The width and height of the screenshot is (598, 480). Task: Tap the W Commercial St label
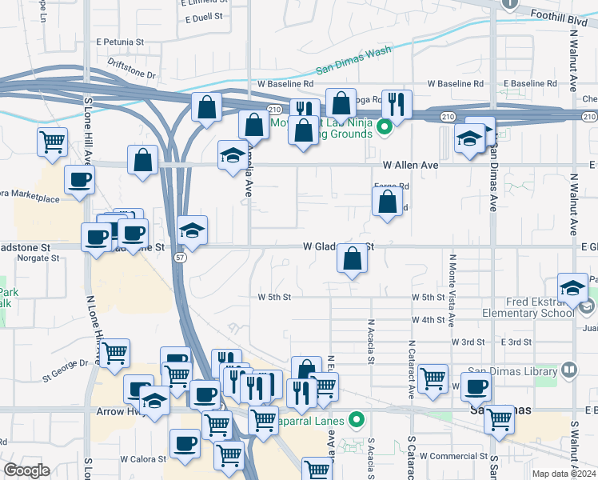point(452,456)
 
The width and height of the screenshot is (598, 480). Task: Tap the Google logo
point(27,470)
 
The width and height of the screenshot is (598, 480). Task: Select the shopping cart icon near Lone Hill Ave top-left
point(52,142)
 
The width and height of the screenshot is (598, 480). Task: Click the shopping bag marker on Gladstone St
point(352,259)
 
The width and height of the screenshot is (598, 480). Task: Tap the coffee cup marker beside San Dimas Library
point(476,388)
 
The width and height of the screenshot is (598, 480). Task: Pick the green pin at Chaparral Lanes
point(357,418)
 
